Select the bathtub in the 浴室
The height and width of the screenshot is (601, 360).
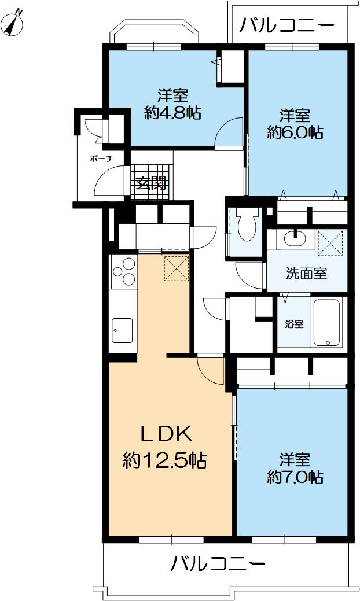click(x=328, y=322)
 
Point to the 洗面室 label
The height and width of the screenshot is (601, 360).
click(x=306, y=274)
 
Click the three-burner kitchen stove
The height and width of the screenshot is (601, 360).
click(x=123, y=272)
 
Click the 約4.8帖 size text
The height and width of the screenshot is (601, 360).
click(x=172, y=113)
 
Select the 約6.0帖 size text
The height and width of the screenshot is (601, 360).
click(x=295, y=132)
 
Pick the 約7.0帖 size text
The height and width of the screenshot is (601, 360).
click(x=295, y=477)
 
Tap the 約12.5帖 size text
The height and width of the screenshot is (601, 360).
click(x=165, y=460)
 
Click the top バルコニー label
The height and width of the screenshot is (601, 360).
click(x=286, y=25)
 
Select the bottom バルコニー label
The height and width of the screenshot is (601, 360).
click(x=218, y=563)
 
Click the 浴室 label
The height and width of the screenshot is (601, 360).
click(x=294, y=324)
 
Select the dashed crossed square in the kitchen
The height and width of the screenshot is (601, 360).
click(x=177, y=267)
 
